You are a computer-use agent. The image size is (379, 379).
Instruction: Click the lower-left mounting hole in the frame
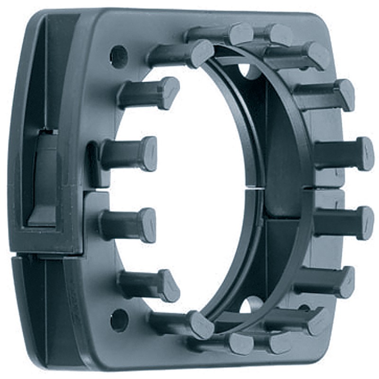coord(119,321)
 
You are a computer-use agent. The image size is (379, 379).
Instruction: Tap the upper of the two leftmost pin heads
coord(148,154)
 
